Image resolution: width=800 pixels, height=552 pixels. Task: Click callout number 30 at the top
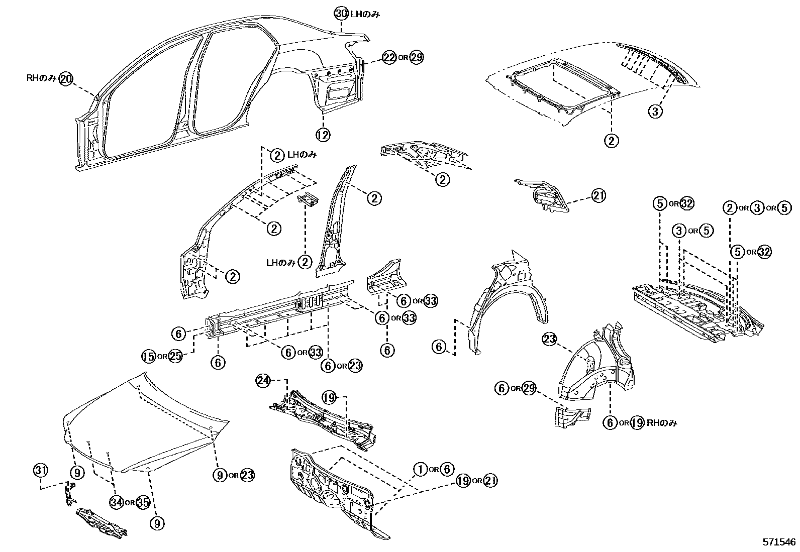coord(341,14)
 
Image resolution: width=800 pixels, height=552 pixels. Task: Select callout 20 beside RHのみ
coord(66,78)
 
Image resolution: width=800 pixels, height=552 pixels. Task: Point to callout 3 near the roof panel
coord(655,111)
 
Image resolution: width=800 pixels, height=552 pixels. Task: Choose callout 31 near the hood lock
coord(40,471)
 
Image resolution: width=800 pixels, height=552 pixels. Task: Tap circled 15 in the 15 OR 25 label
coord(148,356)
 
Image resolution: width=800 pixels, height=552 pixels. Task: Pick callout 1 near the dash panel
coord(420,469)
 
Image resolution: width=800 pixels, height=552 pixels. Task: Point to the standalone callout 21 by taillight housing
coord(598,195)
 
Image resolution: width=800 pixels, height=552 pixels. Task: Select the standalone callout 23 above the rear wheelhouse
coord(549,340)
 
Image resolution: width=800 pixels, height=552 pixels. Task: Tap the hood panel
coord(146,422)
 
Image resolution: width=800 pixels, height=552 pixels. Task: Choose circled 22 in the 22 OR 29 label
coord(389,57)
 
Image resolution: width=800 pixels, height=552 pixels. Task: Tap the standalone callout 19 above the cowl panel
coord(329,398)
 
